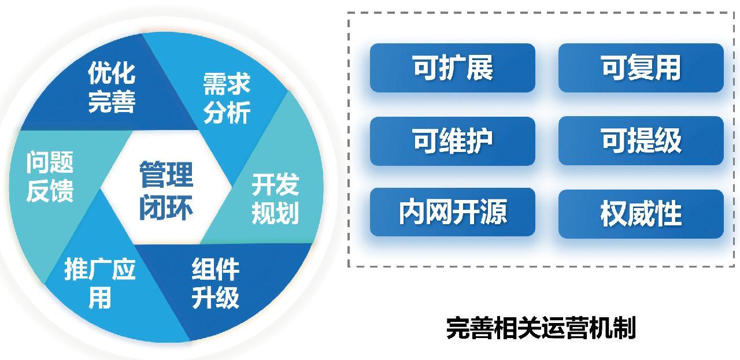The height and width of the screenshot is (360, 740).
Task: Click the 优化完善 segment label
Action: (x=112, y=87)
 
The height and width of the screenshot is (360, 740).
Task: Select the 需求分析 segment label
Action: (x=227, y=98)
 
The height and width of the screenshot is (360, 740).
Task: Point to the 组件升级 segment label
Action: (x=216, y=283)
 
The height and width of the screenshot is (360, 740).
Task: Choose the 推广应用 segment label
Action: (x=100, y=283)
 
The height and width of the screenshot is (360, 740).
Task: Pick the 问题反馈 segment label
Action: (x=50, y=176)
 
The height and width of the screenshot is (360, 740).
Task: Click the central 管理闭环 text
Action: (x=166, y=191)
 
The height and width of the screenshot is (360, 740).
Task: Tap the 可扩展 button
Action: (x=453, y=68)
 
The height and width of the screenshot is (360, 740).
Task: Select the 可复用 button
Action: (x=641, y=68)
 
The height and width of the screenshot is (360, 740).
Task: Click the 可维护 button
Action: (x=453, y=141)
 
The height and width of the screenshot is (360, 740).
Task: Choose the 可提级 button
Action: (x=641, y=140)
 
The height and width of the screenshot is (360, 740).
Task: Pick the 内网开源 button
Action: (x=453, y=212)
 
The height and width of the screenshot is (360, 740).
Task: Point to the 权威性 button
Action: (x=641, y=214)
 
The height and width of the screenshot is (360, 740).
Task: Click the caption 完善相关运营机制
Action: (x=541, y=328)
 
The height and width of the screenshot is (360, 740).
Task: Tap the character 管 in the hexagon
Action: (x=152, y=175)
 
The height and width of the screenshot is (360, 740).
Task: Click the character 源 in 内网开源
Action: (x=493, y=212)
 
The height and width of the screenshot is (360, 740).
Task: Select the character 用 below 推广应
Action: (x=100, y=297)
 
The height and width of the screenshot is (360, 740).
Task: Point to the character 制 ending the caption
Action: (x=624, y=328)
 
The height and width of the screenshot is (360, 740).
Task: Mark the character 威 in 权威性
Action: (x=641, y=214)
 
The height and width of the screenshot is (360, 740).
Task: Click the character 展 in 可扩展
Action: (x=480, y=68)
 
